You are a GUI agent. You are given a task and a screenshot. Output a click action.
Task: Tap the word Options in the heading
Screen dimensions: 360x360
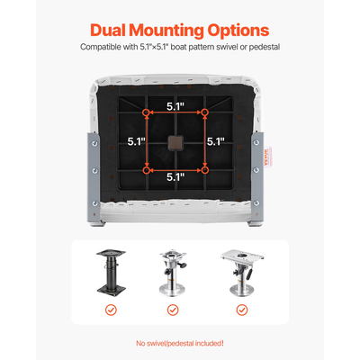click(x=238, y=31)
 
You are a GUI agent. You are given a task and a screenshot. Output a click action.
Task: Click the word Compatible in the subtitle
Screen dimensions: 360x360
click(x=101, y=47)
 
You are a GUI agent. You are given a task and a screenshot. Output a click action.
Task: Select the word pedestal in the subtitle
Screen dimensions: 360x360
click(x=265, y=47)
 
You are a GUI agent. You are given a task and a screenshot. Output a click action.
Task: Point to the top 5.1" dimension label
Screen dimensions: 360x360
click(x=175, y=106)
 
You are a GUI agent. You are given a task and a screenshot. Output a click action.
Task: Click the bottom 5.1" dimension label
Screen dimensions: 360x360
click(x=175, y=177)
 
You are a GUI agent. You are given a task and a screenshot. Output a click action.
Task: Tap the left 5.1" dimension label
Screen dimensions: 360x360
click(x=136, y=141)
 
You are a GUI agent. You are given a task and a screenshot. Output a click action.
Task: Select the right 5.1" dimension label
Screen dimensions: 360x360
click(x=216, y=141)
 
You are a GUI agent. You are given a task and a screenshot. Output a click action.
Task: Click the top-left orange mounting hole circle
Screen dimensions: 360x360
click(x=147, y=112)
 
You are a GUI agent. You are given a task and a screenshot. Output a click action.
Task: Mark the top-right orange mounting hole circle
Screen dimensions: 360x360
click(x=204, y=112)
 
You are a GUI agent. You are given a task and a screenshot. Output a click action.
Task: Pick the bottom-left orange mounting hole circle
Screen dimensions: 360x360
click(x=147, y=170)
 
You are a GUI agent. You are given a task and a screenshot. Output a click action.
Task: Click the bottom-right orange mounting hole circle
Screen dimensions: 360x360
click(x=204, y=170)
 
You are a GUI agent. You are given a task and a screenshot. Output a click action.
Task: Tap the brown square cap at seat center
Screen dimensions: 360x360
click(x=175, y=142)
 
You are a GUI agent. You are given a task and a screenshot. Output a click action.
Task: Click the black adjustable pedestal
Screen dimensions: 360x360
click(x=111, y=272)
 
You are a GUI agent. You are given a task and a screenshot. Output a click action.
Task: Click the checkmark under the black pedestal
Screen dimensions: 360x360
click(x=111, y=310)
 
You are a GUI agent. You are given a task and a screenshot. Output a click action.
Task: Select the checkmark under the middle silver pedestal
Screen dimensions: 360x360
click(x=173, y=310)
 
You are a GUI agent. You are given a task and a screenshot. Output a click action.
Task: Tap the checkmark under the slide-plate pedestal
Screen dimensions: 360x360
click(x=242, y=310)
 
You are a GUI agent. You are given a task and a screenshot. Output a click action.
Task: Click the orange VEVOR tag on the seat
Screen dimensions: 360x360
click(x=267, y=157)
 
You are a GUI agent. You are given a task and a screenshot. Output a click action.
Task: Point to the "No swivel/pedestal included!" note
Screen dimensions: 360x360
click(x=180, y=343)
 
